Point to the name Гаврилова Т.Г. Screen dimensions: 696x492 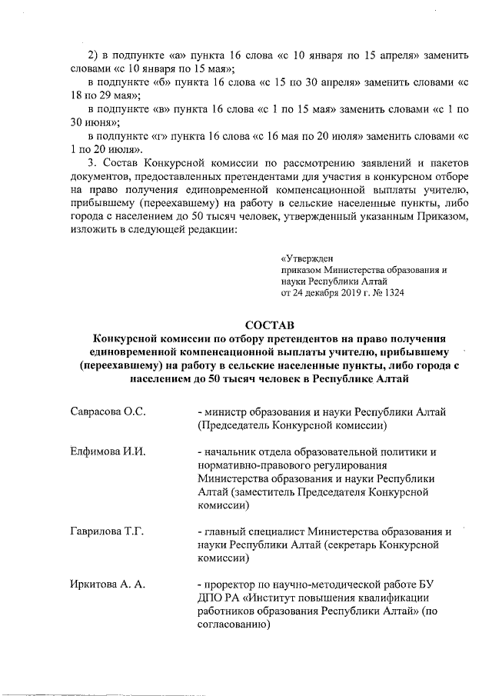click(x=107, y=531)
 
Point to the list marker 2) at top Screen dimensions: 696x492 click(x=95, y=55)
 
